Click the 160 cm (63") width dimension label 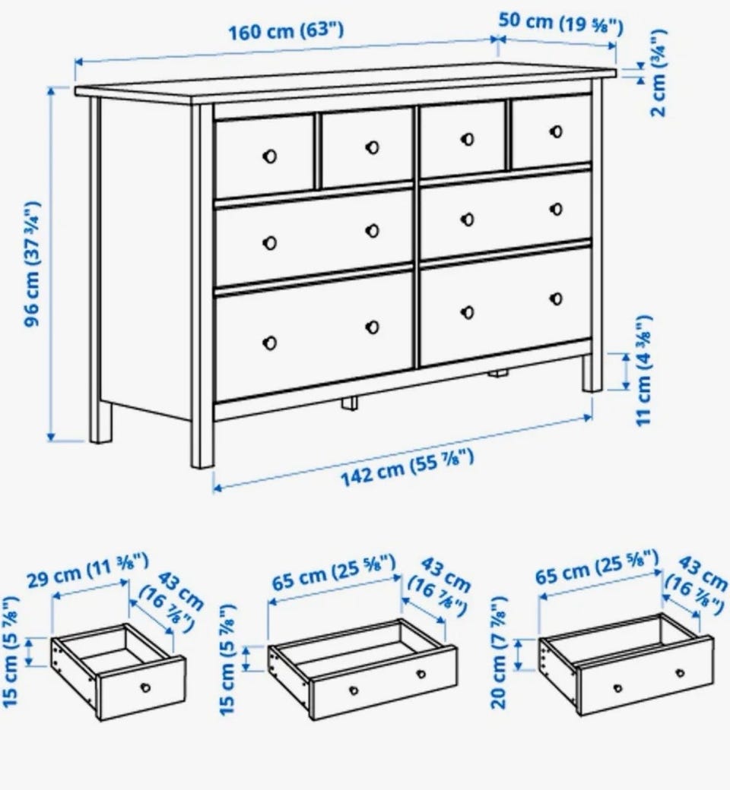tap(286, 31)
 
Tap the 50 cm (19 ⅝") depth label tap(560, 24)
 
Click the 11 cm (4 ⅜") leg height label tap(643, 371)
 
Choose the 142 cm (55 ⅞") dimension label tap(408, 469)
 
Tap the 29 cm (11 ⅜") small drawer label tap(87, 570)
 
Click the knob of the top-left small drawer tap(270, 156)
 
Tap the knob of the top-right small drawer tap(556, 131)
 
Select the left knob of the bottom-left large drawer tap(270, 343)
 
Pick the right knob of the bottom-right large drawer tap(556, 299)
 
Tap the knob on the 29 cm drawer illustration tap(145, 687)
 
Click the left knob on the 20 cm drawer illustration tap(617, 687)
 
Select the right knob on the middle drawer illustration tap(421, 674)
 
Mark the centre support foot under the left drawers tap(348, 403)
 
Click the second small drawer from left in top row tap(367, 148)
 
